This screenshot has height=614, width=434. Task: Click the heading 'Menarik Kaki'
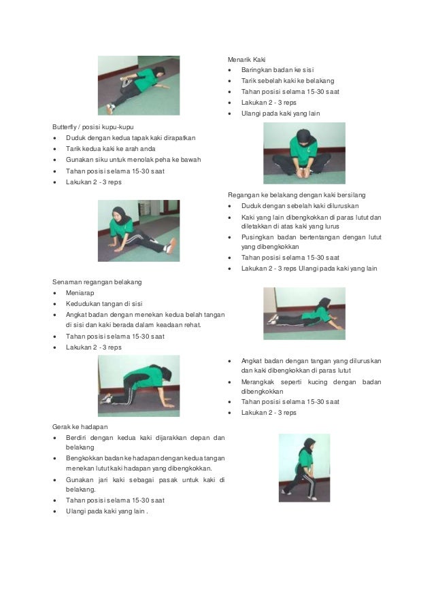(246, 60)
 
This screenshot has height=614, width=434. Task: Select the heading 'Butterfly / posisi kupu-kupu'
(93, 127)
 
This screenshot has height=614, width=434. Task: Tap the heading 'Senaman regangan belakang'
(97, 282)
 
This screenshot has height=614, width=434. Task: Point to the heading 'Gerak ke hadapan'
(80, 427)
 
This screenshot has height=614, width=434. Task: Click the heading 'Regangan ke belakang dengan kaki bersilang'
(297, 195)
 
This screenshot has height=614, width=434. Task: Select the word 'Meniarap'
(80, 293)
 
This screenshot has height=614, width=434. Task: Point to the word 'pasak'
(168, 479)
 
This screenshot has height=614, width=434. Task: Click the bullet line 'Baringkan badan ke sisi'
(278, 70)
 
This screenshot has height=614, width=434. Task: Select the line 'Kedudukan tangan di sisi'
(104, 304)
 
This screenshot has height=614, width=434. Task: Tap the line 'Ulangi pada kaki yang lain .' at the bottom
(107, 511)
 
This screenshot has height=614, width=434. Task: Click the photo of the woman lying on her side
(139, 86)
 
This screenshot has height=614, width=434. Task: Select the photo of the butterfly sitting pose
(304, 153)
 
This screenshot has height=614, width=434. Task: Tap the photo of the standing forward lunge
(304, 468)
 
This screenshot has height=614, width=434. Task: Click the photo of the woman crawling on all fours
(139, 386)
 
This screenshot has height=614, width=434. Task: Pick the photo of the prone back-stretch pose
(304, 313)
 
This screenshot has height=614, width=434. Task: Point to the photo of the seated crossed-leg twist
(139, 231)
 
